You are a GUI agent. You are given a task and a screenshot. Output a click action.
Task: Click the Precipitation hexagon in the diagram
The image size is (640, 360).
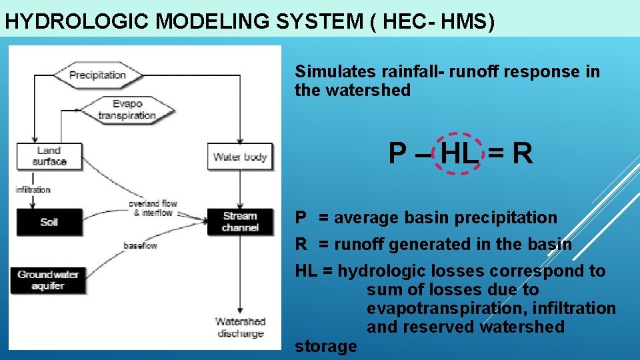97,75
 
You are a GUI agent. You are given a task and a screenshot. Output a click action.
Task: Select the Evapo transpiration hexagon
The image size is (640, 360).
126,109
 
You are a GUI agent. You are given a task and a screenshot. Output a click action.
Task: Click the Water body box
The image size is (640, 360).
240,157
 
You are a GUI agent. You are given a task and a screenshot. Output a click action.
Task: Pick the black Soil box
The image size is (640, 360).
49,222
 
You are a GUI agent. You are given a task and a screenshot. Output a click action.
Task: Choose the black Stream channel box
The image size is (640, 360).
240,222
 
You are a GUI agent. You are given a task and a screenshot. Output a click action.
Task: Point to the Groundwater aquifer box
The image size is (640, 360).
49,280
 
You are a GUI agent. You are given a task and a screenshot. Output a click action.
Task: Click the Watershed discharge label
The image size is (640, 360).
240,327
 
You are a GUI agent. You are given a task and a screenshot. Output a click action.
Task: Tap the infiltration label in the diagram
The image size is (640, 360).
33,189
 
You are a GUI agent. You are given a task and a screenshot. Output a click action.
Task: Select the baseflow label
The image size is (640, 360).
140,246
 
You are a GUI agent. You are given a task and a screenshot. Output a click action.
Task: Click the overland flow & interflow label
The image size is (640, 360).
153,208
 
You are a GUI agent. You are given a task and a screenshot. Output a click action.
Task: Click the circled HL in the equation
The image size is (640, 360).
459,154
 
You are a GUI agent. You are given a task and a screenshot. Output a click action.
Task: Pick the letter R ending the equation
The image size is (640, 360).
523,154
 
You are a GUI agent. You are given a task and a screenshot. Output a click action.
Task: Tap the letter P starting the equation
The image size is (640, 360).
397,154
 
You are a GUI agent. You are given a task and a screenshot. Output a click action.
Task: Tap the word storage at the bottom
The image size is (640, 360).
325,346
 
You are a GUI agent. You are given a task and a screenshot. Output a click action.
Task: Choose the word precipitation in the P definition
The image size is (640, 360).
511,218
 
